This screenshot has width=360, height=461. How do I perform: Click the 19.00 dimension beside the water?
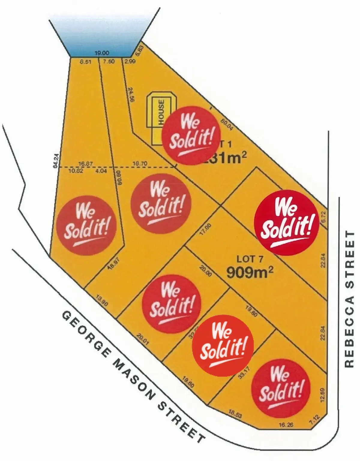pyautogui.click(x=101, y=53)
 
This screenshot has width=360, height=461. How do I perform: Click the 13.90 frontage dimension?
pyautogui.click(x=102, y=300)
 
